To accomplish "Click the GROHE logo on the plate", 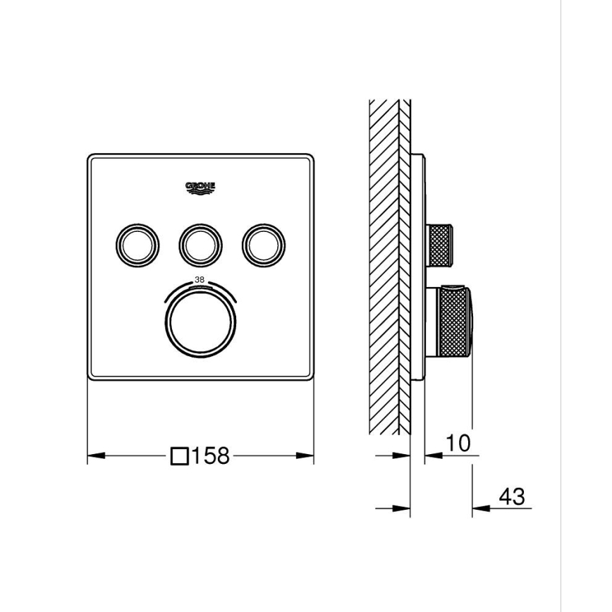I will click(200, 187).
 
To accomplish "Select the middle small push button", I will click(200, 244).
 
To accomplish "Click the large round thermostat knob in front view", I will click(200, 322).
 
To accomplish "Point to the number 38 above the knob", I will click(200, 279).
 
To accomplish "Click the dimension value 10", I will click(458, 443).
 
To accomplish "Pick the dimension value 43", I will click(511, 496).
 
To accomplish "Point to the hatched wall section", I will click(384, 268).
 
